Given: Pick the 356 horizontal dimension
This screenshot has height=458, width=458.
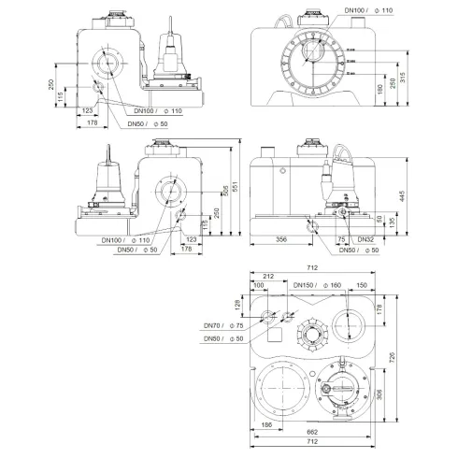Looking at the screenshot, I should (275, 239).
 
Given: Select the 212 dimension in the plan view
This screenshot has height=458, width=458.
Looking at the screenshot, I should (267, 276).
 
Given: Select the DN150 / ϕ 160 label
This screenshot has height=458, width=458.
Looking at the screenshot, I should (316, 284).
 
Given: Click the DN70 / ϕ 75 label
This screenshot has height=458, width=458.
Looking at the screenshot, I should (225, 325).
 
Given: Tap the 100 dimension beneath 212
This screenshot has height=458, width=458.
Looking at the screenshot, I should (258, 284).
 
